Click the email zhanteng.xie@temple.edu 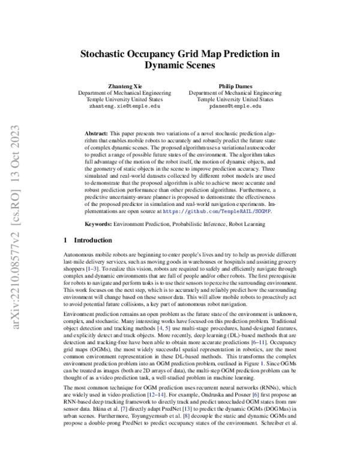[125, 106]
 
